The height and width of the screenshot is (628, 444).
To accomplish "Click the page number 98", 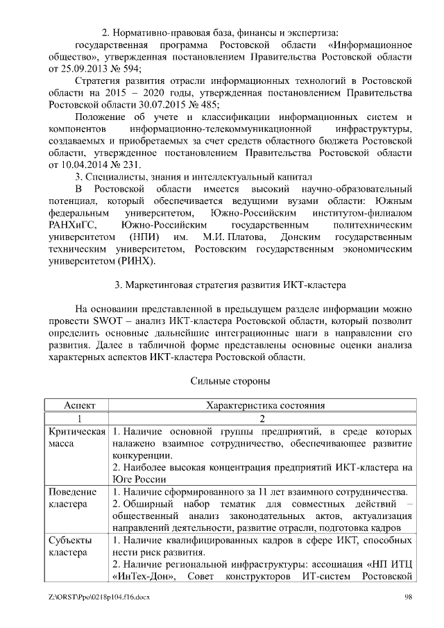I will point(408,597).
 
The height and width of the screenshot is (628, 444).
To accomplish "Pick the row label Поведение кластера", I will point(74,498).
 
